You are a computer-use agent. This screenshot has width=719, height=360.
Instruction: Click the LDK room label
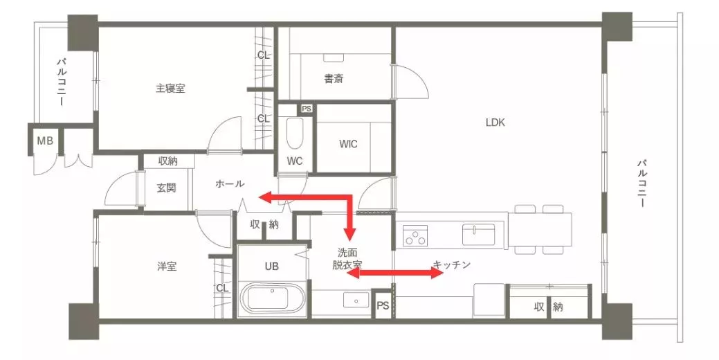click(495, 123)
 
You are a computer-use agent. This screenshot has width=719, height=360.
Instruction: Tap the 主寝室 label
click(170, 88)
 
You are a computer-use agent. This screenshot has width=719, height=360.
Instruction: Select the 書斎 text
click(334, 79)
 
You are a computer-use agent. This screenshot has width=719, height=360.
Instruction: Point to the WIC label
click(348, 144)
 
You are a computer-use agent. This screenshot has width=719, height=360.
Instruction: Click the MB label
click(45, 141)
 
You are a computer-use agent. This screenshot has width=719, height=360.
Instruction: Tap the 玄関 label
click(166, 188)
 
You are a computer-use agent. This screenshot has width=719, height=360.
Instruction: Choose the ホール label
click(230, 184)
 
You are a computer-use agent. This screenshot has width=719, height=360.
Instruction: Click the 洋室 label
click(167, 267)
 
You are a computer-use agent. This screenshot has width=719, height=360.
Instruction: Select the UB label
click(271, 267)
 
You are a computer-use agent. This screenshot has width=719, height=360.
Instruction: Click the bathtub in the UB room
click(273, 298)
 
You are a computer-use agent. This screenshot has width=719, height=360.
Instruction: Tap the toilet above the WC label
click(294, 134)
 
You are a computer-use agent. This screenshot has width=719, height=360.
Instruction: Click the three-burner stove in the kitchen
click(415, 235)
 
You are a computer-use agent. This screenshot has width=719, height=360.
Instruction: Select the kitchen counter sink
click(478, 234)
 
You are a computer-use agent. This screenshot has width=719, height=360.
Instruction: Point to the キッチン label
click(452, 265)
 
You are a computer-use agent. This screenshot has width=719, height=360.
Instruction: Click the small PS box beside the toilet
click(307, 109)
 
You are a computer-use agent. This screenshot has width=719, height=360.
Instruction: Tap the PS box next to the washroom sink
click(383, 305)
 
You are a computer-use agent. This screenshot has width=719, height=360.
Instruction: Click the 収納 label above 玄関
click(168, 161)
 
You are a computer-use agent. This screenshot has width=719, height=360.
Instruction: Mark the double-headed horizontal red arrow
click(395, 273)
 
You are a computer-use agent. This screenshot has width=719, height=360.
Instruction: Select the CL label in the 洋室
click(222, 288)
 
